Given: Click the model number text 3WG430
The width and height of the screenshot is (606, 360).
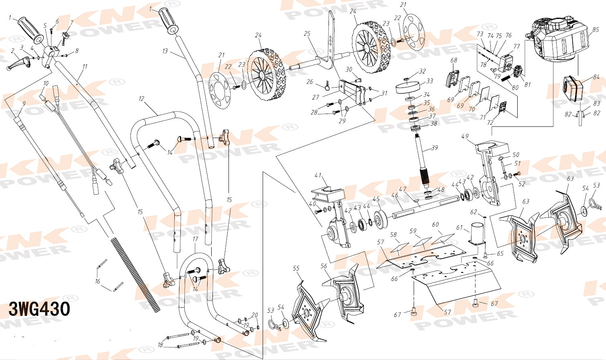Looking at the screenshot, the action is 39,309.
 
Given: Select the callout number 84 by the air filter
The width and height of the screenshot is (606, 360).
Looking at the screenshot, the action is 596,77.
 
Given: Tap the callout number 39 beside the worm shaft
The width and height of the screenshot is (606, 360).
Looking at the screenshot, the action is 435,148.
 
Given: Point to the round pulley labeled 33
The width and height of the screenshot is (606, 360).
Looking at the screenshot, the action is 408,88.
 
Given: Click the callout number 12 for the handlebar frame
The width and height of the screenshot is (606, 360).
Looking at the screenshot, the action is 141,99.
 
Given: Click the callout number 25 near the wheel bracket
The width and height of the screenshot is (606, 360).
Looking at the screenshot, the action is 307,34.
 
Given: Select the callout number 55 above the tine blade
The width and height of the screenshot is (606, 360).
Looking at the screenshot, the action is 296,268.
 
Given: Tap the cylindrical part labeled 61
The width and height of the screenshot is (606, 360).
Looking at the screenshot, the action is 477,234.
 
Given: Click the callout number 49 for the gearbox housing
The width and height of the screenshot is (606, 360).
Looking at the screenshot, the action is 465,136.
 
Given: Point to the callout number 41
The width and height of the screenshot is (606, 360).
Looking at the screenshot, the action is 318,175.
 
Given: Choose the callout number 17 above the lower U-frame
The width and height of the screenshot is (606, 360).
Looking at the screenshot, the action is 195,239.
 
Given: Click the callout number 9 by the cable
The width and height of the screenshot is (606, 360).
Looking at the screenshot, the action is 24,104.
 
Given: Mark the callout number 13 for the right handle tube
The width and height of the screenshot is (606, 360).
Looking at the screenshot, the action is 165,51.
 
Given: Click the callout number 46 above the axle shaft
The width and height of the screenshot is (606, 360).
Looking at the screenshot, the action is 395,195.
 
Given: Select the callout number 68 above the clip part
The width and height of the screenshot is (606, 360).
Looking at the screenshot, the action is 454,60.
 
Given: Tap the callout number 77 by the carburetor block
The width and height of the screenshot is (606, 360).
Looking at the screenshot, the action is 517,46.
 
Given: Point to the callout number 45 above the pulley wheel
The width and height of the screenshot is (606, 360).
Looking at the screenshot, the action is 376,199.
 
